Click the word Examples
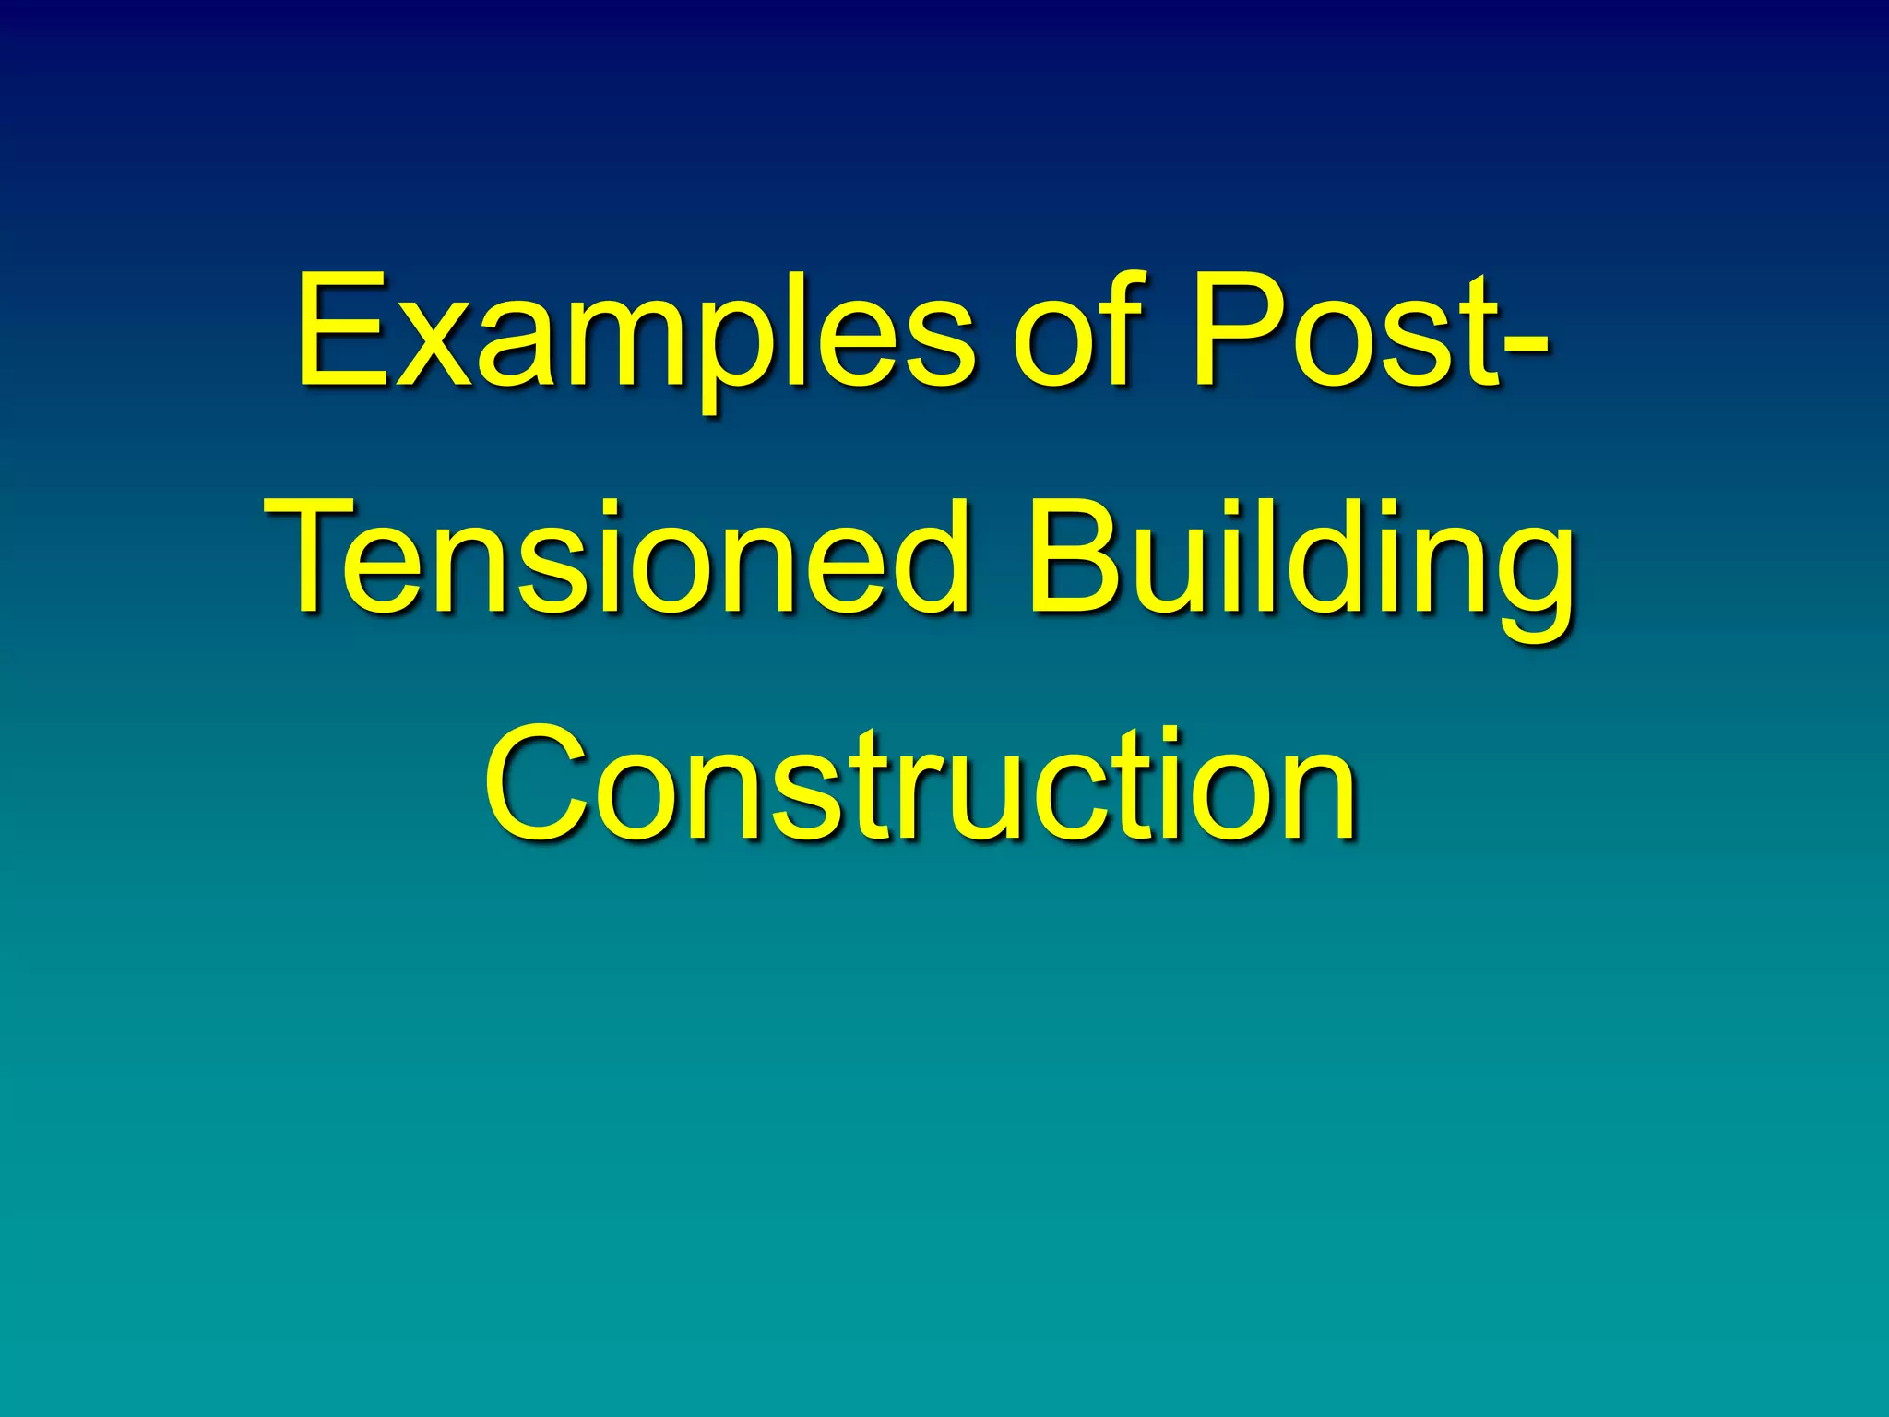[635, 332]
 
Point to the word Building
[1301, 563]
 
